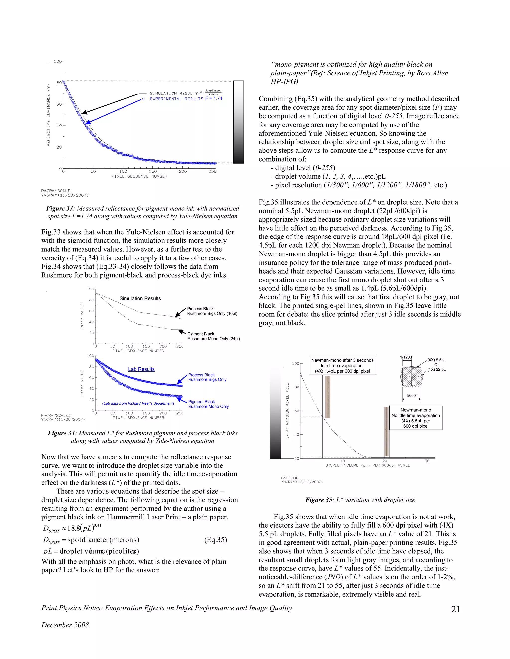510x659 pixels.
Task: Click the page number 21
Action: (x=456, y=609)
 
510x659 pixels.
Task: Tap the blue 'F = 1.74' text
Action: (x=214, y=99)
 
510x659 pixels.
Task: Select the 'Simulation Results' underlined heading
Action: (x=140, y=298)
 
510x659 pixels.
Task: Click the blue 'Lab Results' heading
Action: (x=141, y=369)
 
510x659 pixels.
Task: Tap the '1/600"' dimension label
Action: (x=411, y=396)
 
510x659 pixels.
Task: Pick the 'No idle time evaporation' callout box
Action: (x=416, y=418)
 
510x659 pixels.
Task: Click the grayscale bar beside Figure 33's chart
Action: (x=238, y=122)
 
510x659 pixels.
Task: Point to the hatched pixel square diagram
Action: (x=411, y=377)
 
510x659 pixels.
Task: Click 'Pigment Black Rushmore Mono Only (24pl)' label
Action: (x=213, y=336)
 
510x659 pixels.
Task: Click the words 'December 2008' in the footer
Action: (x=65, y=625)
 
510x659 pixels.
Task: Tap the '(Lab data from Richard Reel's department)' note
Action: (x=138, y=403)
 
